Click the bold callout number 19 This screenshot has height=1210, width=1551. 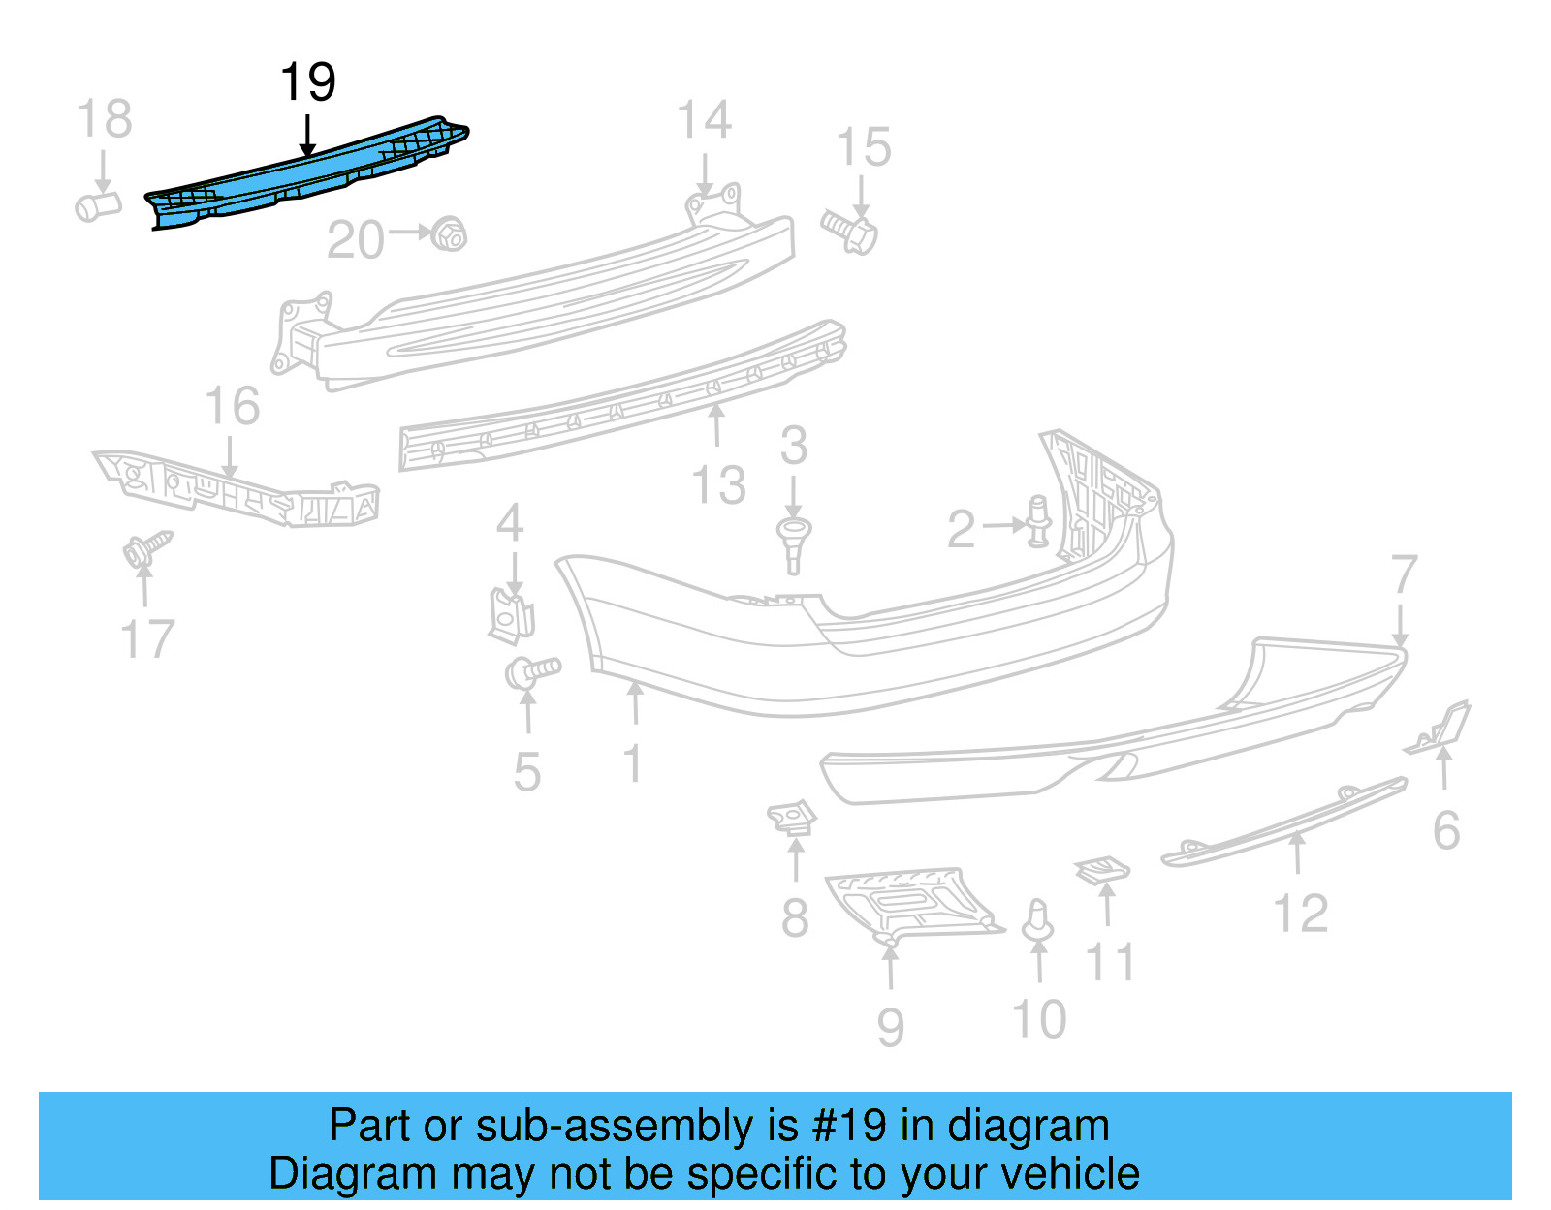pyautogui.click(x=307, y=82)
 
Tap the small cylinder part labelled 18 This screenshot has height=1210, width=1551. pyautogui.click(x=98, y=205)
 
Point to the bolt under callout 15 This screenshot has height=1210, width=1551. pyautogui.click(x=850, y=231)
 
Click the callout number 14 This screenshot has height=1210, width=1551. pyautogui.click(x=703, y=121)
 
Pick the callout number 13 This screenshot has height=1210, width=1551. pyautogui.click(x=718, y=484)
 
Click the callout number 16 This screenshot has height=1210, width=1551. pyautogui.click(x=232, y=406)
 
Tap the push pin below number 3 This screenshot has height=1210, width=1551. pyautogui.click(x=793, y=543)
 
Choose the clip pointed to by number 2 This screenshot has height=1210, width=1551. pyautogui.click(x=1038, y=522)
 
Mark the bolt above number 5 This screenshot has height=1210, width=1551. pyautogui.click(x=532, y=670)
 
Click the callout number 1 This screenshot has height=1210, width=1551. pyautogui.click(x=632, y=763)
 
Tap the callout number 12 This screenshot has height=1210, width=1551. pyautogui.click(x=1300, y=914)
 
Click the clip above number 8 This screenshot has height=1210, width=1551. pyautogui.click(x=792, y=819)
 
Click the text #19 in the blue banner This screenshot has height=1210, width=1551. pyautogui.click(x=848, y=1126)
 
